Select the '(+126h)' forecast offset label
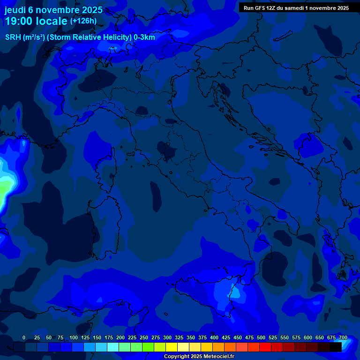point(83,21)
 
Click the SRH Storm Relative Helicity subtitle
point(80,37)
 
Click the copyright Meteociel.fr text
point(199,356)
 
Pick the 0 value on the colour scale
point(24,337)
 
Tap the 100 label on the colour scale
point(74,337)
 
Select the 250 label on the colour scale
point(144,337)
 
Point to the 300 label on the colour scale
point(167,337)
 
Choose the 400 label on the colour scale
point(214,337)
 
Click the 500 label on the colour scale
point(261,337)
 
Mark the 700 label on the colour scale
point(343,337)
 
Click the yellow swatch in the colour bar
point(172,347)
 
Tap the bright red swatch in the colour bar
point(265,347)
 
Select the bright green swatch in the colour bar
point(148,347)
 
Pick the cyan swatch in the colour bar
point(113,347)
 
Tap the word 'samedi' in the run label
point(295,7)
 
